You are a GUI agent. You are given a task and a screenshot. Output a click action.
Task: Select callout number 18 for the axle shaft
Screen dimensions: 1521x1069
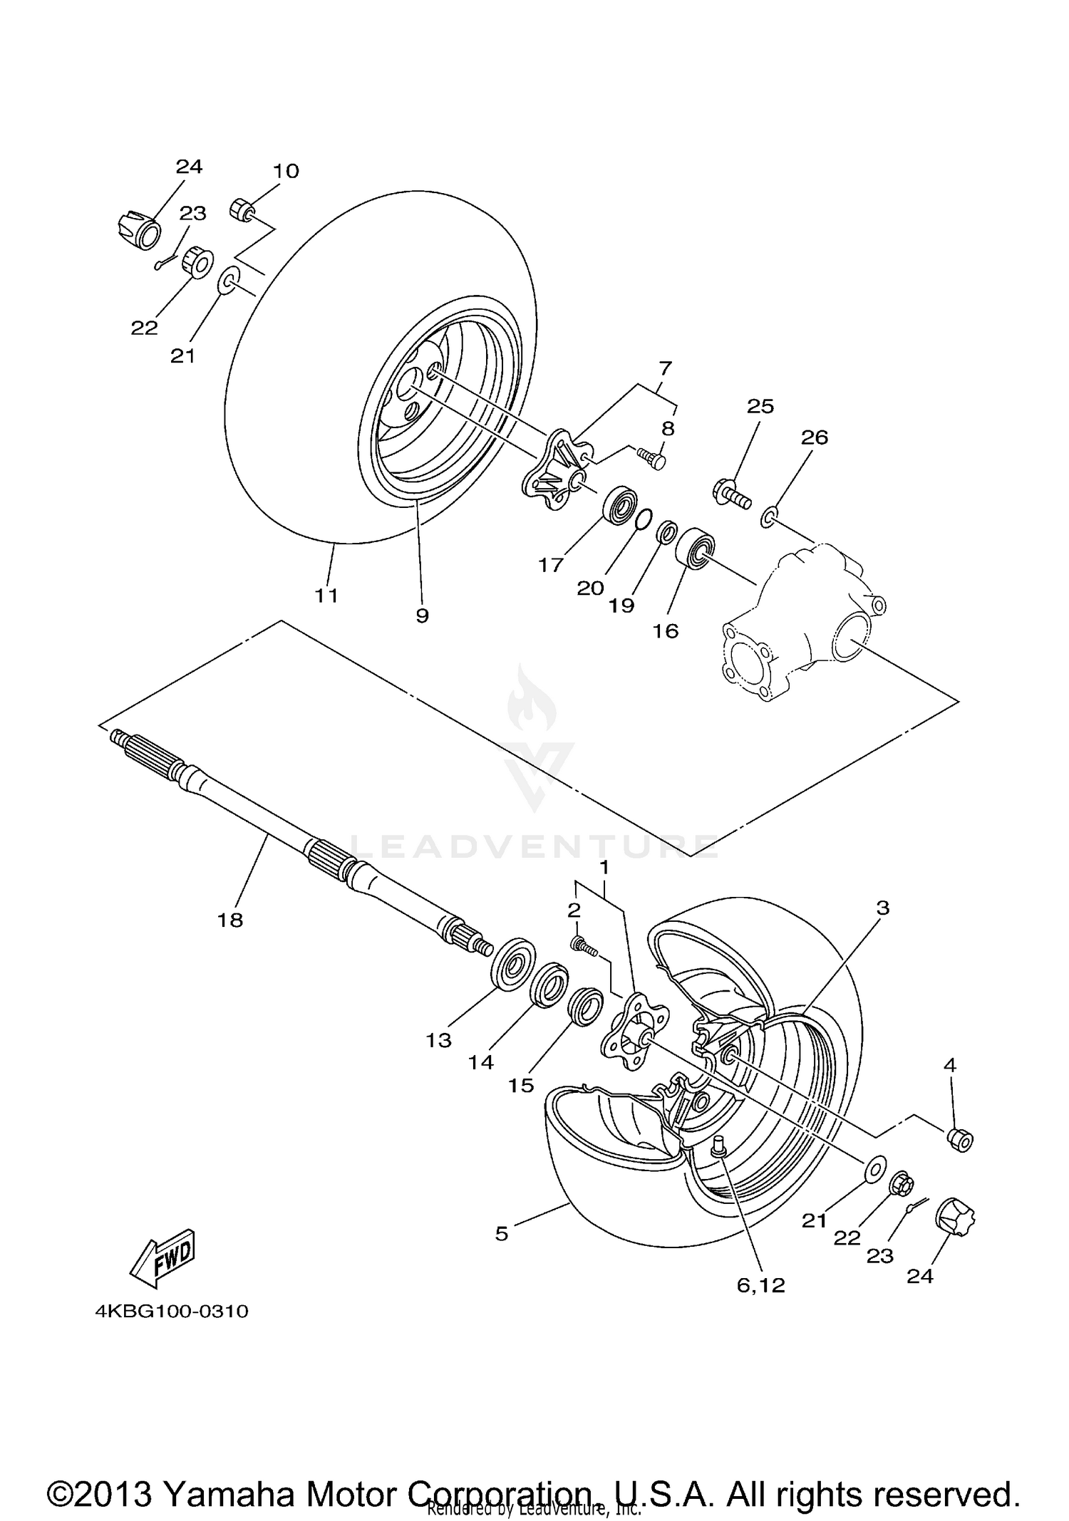coord(230,920)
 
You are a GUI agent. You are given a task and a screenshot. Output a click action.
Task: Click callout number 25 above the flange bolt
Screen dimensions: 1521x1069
coord(760,406)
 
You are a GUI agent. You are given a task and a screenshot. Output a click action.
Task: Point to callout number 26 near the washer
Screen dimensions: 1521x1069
coord(814,437)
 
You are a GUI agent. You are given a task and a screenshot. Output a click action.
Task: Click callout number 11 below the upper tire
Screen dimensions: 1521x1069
coord(326,595)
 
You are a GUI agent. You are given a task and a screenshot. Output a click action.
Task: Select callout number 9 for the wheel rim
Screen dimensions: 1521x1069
coord(422,616)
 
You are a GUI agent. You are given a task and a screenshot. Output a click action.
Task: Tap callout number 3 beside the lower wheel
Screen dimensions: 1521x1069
coord(883,908)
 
